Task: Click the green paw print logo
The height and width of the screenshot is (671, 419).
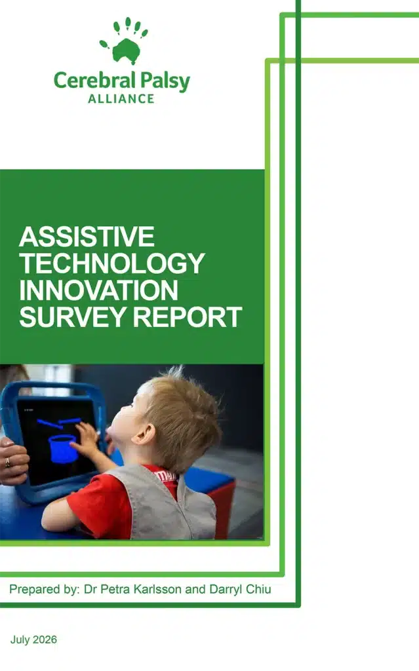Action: click(x=124, y=41)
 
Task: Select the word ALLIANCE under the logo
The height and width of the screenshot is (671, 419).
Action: click(x=121, y=99)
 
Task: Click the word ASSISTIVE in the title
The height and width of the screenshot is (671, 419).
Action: click(x=87, y=237)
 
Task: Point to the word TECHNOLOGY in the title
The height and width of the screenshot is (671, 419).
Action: click(x=112, y=263)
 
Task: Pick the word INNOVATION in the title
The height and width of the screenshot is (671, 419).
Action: click(x=98, y=290)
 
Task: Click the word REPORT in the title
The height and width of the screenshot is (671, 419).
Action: click(x=188, y=317)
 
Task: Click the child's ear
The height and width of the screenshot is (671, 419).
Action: click(x=144, y=434)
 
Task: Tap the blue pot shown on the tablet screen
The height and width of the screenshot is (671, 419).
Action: click(x=63, y=449)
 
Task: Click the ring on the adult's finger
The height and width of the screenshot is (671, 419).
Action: click(x=7, y=462)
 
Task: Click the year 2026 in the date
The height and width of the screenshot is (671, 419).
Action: click(x=45, y=640)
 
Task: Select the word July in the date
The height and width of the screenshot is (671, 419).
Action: click(x=20, y=640)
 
